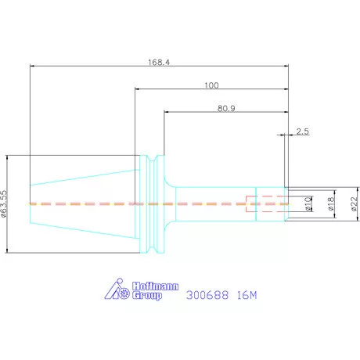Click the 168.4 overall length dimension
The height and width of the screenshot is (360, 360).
click(159, 63)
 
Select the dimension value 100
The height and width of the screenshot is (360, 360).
click(211, 85)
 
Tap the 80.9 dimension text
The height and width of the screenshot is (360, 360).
click(226, 108)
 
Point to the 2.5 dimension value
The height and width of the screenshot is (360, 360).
click(303, 131)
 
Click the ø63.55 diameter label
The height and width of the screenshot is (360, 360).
click(4, 203)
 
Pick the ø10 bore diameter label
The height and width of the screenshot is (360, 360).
click(308, 203)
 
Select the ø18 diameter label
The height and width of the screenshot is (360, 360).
click(330, 203)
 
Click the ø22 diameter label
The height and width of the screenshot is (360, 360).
click(354, 203)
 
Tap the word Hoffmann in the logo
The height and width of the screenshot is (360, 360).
click(155, 286)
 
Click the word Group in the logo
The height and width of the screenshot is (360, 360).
click(147, 296)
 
